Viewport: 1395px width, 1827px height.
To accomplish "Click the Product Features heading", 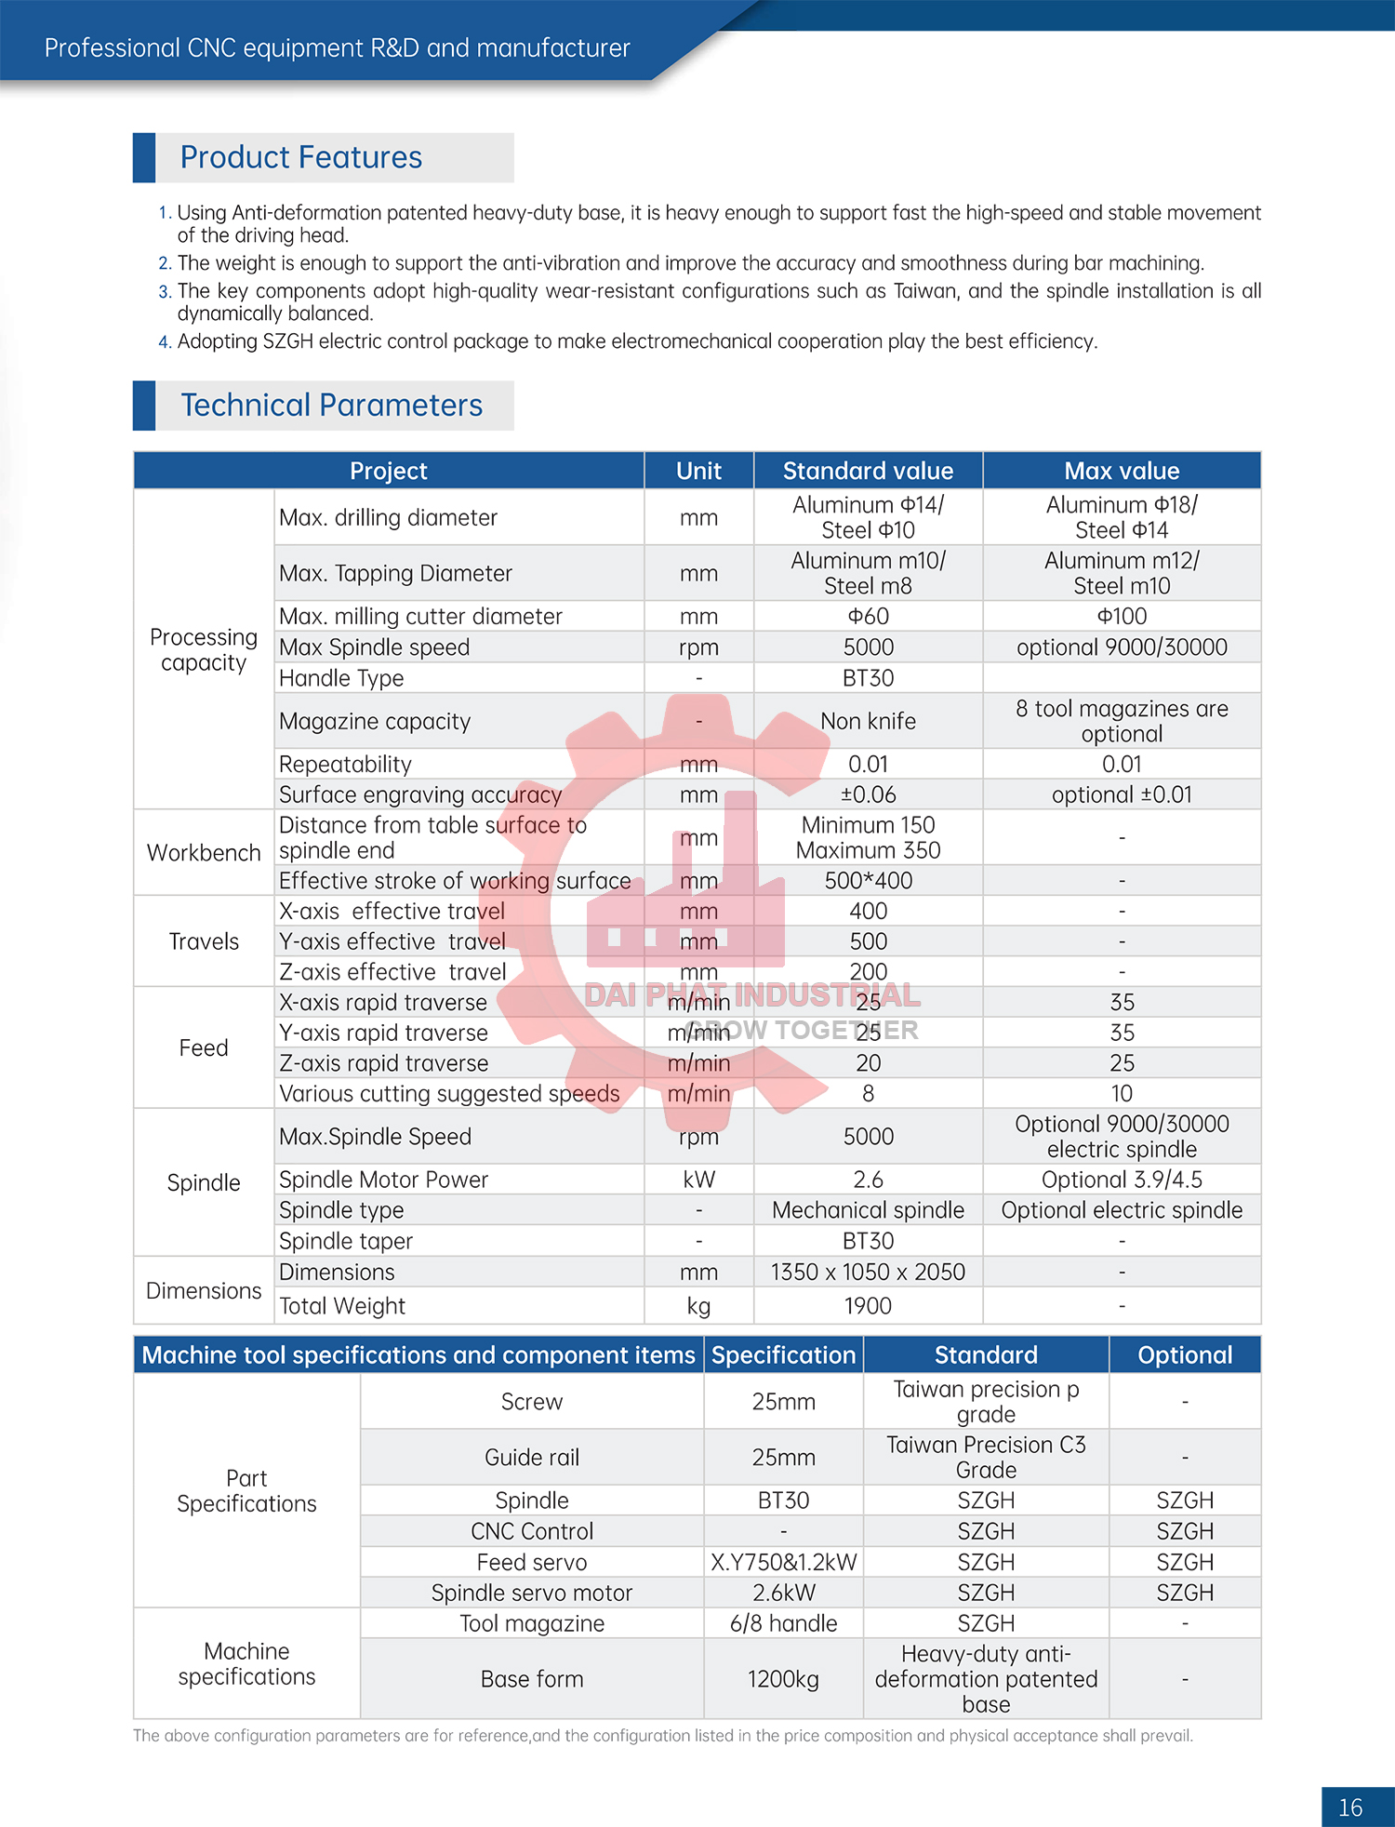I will coord(300,157).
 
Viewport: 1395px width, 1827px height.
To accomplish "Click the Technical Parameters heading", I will coord(331,406).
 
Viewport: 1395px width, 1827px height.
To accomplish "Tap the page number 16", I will coord(1349,1807).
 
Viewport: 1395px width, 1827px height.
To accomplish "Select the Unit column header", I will coord(698,471).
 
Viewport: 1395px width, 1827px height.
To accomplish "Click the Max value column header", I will coord(1122,471).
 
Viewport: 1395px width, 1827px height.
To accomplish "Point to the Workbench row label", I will coord(204,853).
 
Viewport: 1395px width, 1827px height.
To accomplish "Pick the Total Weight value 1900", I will coord(868,1306).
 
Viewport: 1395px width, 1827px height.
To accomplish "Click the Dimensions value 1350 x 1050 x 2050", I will coord(868,1272).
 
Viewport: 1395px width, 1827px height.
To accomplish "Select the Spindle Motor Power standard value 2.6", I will coord(868,1180).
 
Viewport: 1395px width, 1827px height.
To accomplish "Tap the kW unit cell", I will coord(698,1180).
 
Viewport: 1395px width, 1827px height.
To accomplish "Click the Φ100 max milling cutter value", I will coord(1122,616).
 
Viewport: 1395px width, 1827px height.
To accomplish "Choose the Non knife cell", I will coord(868,721).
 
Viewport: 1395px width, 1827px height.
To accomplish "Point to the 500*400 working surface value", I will coord(868,880).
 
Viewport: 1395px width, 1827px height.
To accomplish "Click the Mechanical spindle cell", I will coord(868,1210).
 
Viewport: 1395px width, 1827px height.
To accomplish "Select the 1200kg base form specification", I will coord(783,1679).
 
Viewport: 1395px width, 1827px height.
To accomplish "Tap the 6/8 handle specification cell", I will coord(783,1623).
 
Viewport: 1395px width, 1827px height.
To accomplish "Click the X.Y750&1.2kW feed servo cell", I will coord(783,1562).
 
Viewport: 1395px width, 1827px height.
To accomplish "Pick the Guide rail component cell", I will coord(531,1457).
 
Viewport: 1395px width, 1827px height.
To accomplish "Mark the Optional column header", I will coord(1185,1355).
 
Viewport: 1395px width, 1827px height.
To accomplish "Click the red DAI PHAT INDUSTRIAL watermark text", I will coord(751,995).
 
